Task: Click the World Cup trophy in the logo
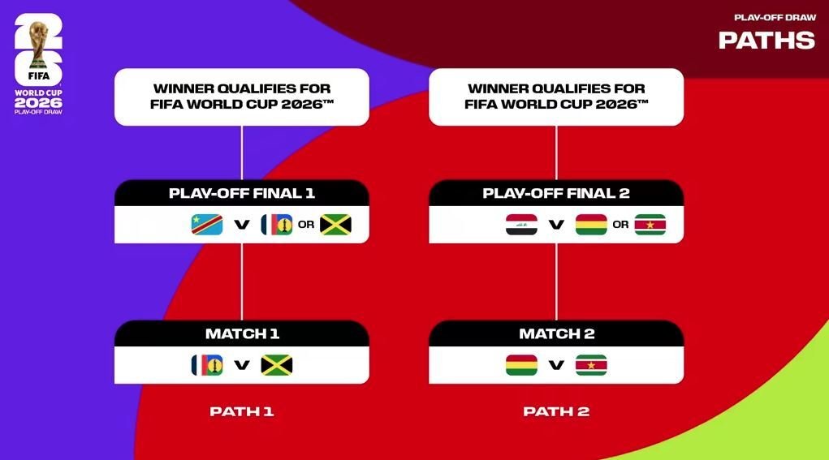pos(39,45)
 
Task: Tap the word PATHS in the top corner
pos(766,41)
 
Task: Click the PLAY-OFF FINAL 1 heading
pos(242,193)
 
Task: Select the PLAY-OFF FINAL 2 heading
pos(556,193)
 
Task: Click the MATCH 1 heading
pos(242,333)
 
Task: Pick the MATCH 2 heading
pos(557,333)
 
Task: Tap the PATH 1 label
pos(242,411)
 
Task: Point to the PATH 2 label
pos(556,411)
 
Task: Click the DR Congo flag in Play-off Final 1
pos(207,225)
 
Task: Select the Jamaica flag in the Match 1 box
pos(277,365)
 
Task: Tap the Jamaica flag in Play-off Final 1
pos(335,225)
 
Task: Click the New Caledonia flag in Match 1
pos(207,365)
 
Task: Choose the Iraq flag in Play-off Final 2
pos(522,225)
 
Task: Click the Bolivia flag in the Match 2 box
pos(522,365)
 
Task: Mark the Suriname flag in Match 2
pos(591,365)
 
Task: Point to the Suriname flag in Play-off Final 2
pos(650,225)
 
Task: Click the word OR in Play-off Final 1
pos(306,225)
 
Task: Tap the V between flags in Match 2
pos(556,365)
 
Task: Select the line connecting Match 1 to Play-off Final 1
pos(242,282)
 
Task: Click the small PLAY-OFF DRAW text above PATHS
pos(775,17)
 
